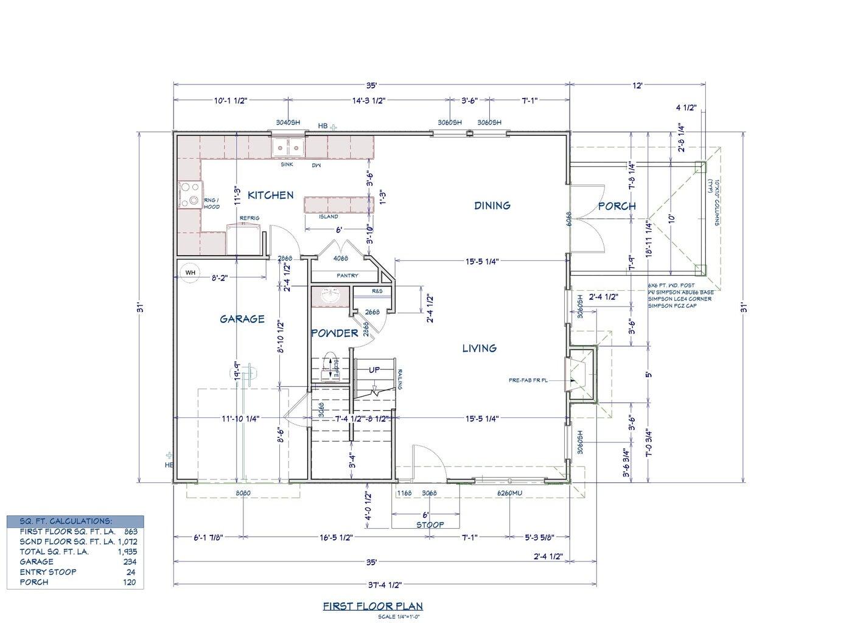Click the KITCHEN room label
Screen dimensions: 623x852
click(270, 195)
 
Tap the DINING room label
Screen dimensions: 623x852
click(492, 206)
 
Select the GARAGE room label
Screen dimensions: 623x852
click(242, 319)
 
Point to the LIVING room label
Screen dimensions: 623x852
click(479, 348)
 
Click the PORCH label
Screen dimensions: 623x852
click(616, 206)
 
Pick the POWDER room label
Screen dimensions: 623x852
click(334, 333)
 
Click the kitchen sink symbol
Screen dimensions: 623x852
click(288, 147)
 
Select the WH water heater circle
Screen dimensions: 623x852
click(190, 273)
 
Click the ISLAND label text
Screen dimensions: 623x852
click(329, 217)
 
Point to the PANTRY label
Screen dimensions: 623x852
click(347, 276)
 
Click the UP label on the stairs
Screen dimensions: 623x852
click(374, 370)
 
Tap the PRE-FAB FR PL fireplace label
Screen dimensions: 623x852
click(528, 380)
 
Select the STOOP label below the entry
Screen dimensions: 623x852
click(430, 524)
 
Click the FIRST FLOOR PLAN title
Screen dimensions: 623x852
click(372, 606)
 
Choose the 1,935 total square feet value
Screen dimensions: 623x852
click(127, 552)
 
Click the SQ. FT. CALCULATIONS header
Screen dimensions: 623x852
click(66, 521)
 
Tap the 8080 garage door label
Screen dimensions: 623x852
click(242, 493)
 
